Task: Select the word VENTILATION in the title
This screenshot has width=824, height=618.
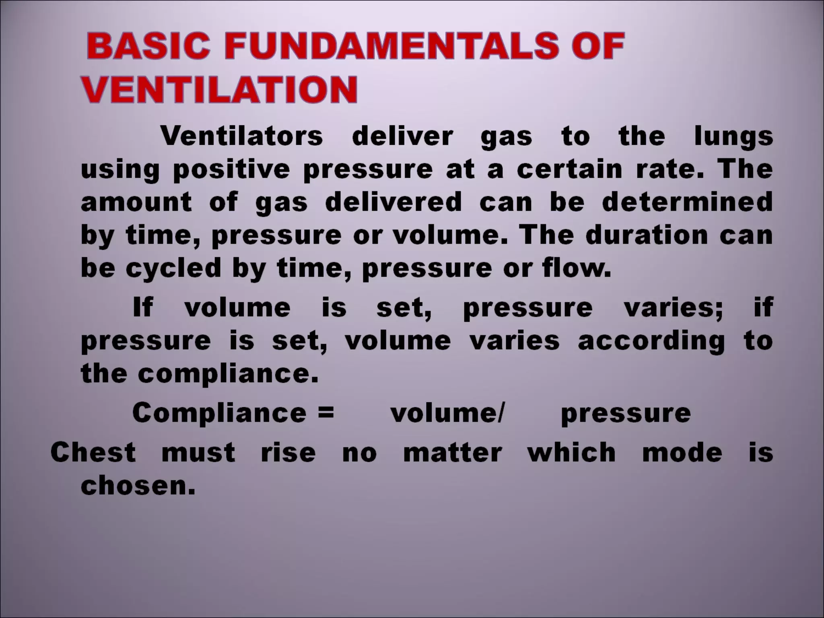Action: pyautogui.click(x=220, y=89)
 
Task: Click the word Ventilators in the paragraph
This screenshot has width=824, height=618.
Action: pyautogui.click(x=242, y=136)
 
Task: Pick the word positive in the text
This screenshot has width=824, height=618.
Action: pyautogui.click(x=231, y=170)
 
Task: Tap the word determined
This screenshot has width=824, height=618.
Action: pyautogui.click(x=687, y=202)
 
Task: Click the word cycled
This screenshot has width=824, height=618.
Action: pyautogui.click(x=173, y=268)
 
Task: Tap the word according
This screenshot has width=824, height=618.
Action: pyautogui.click(x=651, y=341)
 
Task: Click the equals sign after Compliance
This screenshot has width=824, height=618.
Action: pyautogui.click(x=325, y=412)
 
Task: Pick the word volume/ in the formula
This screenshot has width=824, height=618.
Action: pyautogui.click(x=447, y=413)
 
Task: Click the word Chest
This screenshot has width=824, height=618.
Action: pyautogui.click(x=93, y=452)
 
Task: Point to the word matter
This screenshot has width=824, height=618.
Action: pyautogui.click(x=453, y=452)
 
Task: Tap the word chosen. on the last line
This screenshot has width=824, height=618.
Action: pyautogui.click(x=138, y=485)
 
